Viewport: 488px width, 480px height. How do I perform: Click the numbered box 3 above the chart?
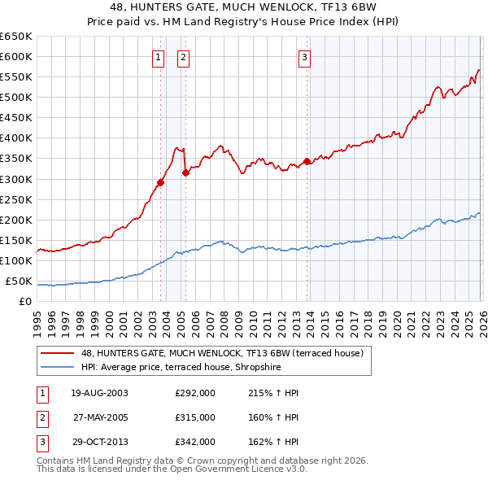(304, 57)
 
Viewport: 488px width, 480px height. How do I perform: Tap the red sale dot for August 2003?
(160, 182)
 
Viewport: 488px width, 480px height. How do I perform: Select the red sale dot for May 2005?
(185, 172)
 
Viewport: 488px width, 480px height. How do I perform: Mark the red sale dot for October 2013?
(307, 161)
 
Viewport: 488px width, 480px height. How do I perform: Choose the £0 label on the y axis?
(24, 302)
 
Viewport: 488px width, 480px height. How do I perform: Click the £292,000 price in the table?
(195, 393)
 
